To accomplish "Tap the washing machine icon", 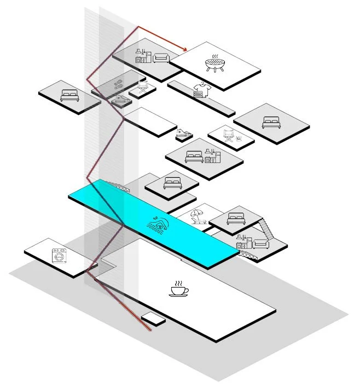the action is pos(58,256).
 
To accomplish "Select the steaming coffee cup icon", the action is pos(179,289).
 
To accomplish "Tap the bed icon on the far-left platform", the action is pos(68,96).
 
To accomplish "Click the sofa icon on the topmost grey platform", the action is pos(161,57).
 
